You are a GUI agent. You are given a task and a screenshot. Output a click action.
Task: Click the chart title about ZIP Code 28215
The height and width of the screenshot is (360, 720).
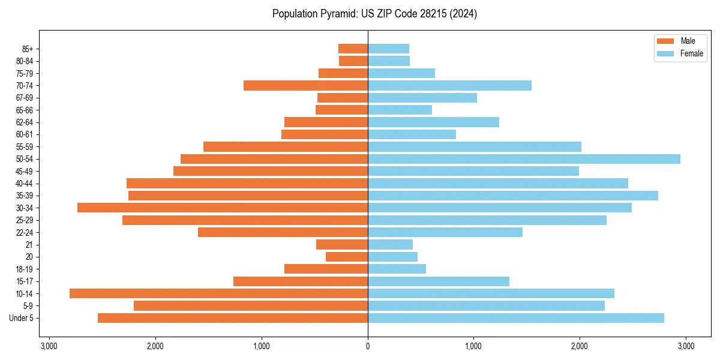click(374, 14)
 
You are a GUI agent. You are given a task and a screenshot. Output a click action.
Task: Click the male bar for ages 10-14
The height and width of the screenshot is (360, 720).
click(218, 293)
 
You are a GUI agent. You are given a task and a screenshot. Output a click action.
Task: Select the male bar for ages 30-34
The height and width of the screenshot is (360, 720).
click(223, 208)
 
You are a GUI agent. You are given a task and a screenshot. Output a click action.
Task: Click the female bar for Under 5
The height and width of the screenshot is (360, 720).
click(516, 318)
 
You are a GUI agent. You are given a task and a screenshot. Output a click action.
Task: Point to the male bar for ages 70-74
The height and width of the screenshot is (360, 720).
click(305, 86)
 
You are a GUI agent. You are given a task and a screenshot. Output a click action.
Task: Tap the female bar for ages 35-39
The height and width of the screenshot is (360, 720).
click(513, 196)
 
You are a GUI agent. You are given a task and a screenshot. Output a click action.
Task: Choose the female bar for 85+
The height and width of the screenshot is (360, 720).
click(388, 49)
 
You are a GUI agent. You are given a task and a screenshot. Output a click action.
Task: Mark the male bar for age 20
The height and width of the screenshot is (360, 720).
click(347, 257)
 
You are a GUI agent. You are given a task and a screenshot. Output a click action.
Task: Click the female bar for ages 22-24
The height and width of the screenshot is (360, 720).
click(445, 232)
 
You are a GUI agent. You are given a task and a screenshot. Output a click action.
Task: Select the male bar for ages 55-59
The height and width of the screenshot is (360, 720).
click(286, 147)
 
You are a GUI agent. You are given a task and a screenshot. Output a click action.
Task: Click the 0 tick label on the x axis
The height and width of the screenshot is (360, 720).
click(368, 346)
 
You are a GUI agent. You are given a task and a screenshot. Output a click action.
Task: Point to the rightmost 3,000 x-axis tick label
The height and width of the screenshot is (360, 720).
click(686, 346)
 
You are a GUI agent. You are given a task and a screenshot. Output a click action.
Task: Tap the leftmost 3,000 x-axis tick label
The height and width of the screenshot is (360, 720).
click(49, 346)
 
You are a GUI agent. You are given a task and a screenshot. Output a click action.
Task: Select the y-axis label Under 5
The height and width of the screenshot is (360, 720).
click(22, 318)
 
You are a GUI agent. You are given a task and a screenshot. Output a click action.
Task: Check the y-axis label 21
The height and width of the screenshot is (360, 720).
click(29, 245)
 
